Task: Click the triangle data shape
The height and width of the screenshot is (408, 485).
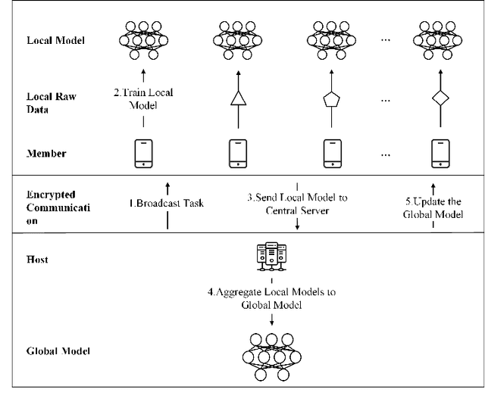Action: pos(239,98)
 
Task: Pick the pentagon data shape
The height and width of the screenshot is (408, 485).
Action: pos(331,98)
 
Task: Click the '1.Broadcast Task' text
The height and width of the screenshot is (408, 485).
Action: pos(167,204)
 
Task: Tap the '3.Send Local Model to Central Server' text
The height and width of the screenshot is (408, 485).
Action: pos(298,204)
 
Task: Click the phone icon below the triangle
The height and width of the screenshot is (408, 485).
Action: pos(239,153)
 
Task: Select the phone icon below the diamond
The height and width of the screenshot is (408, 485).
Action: pos(437,153)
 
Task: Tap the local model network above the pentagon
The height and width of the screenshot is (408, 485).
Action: pos(331,39)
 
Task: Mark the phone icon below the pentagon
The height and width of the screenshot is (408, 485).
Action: pos(331,153)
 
